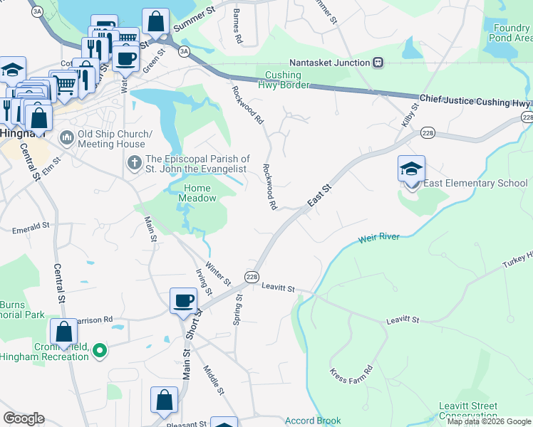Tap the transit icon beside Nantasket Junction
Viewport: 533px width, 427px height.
[378, 63]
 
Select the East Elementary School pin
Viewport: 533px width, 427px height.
[411, 169]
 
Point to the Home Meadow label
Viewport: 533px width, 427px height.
[197, 193]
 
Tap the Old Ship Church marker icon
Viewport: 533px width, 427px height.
[68, 135]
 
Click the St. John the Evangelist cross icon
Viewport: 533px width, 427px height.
[134, 164]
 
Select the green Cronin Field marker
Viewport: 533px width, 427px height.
[100, 350]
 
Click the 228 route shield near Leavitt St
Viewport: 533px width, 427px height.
[252, 277]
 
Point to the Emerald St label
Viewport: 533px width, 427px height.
[30, 230]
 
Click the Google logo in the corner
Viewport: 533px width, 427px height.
[24, 418]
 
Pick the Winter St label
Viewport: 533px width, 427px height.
[217, 274]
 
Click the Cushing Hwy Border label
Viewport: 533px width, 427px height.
[287, 80]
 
